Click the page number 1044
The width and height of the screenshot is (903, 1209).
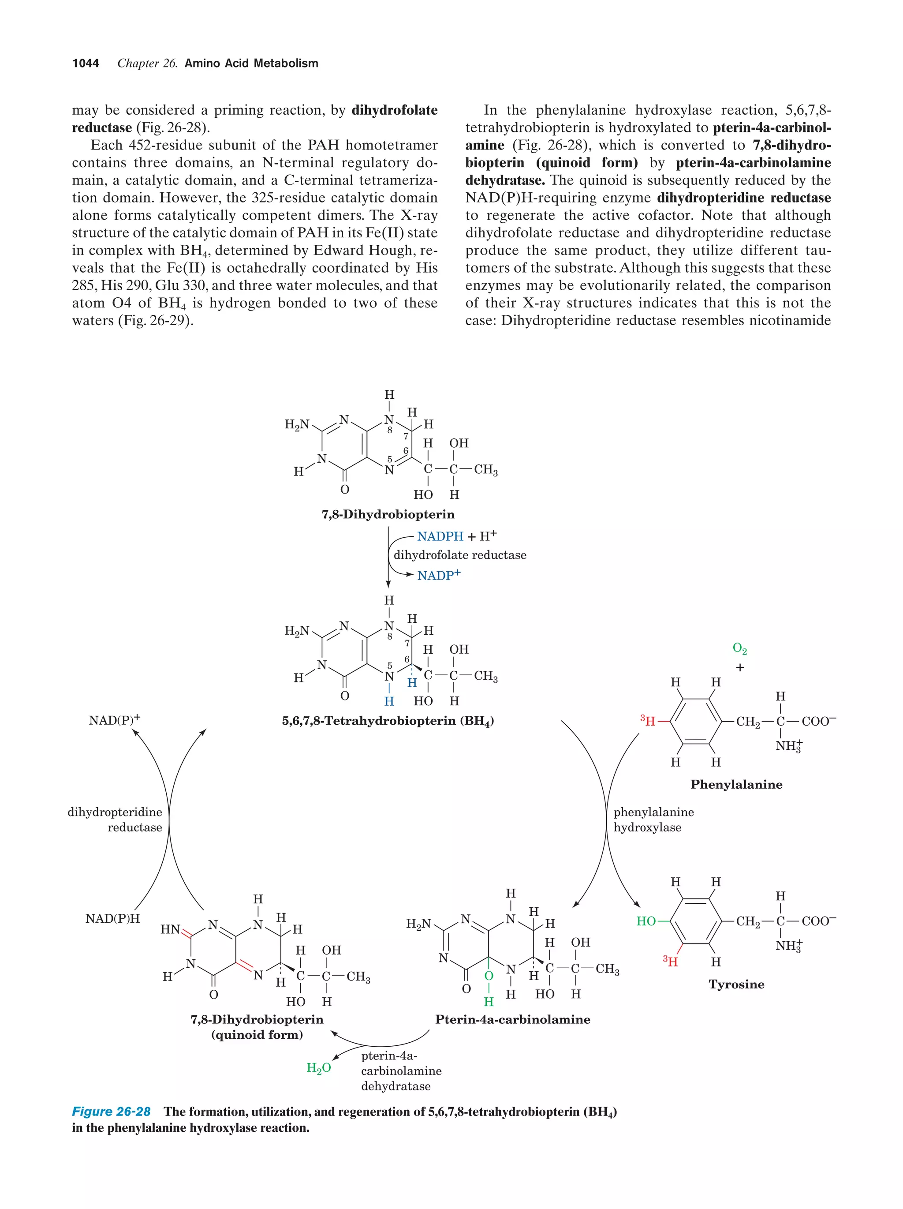coord(86,64)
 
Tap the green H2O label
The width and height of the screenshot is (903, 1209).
coord(318,1068)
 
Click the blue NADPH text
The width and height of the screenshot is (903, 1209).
coord(440,537)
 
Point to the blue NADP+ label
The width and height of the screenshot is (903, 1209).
coord(439,576)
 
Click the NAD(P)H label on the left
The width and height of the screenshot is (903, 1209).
coord(112,919)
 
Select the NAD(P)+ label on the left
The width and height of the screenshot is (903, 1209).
coord(114,720)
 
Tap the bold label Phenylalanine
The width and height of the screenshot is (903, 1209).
coord(736,785)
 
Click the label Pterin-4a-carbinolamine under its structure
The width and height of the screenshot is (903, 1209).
coord(512,1019)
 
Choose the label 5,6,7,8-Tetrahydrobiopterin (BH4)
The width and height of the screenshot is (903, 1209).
coord(388,721)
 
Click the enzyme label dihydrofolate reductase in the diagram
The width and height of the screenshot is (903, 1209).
coord(460,555)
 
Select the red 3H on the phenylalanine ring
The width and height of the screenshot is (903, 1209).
coord(648,722)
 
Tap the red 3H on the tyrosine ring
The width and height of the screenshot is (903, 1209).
coord(670,962)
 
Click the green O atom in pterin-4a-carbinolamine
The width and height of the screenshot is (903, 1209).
coord(489,976)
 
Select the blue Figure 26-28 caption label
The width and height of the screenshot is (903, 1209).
coord(112,1112)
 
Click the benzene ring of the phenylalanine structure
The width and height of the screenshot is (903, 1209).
coord(695,722)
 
